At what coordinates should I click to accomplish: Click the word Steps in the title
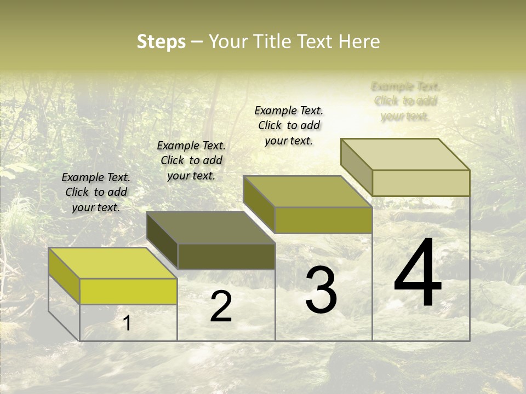pos(161,42)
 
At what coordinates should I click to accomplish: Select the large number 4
pos(418,274)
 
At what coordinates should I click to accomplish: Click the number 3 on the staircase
pos(321,290)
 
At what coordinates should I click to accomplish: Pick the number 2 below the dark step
pos(221,306)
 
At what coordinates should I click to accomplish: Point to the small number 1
pos(127,323)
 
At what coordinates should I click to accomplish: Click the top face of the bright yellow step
pos(112,263)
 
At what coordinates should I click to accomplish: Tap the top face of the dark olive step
pos(210,228)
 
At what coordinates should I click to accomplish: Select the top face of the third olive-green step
pos(307,192)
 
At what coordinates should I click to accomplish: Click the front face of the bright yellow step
pos(128,291)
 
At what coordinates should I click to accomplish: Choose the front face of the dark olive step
pos(226,256)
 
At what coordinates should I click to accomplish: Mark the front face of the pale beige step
pos(421,183)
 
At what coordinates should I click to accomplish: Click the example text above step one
pos(96,193)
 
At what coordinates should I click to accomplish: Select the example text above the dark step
pos(191,161)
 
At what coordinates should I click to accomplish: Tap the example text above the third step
pos(289,126)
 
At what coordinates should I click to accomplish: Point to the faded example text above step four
pos(405,101)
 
